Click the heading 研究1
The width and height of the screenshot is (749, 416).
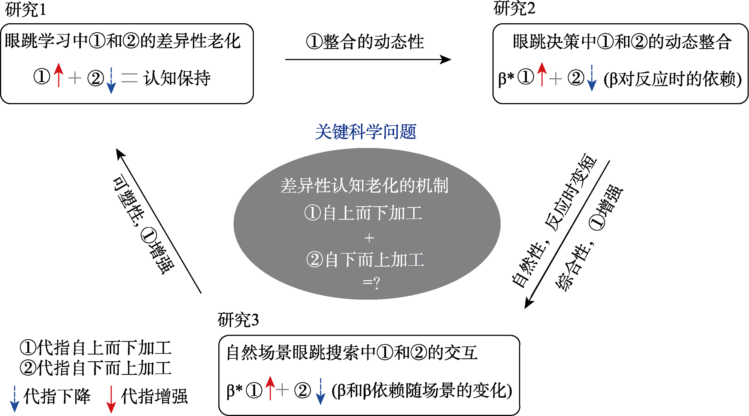(25, 10)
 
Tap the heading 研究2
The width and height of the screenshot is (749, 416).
(514, 8)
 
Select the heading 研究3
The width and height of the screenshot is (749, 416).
(238, 320)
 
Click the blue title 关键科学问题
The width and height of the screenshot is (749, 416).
(366, 132)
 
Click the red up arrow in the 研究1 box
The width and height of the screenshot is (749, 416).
(58, 75)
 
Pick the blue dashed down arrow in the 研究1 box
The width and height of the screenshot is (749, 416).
(111, 80)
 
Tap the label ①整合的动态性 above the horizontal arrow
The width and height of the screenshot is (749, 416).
(365, 41)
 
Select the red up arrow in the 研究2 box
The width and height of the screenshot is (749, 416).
(542, 74)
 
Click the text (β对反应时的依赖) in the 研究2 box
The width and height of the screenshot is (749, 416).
(673, 79)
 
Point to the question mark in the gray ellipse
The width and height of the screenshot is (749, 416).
(377, 282)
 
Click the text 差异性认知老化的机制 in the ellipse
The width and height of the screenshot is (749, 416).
(364, 186)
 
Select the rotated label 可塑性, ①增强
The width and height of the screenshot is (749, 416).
(143, 224)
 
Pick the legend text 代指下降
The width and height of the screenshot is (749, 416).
(57, 396)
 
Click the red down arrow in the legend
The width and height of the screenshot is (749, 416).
(111, 400)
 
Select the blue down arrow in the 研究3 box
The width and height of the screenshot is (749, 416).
(321, 391)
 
